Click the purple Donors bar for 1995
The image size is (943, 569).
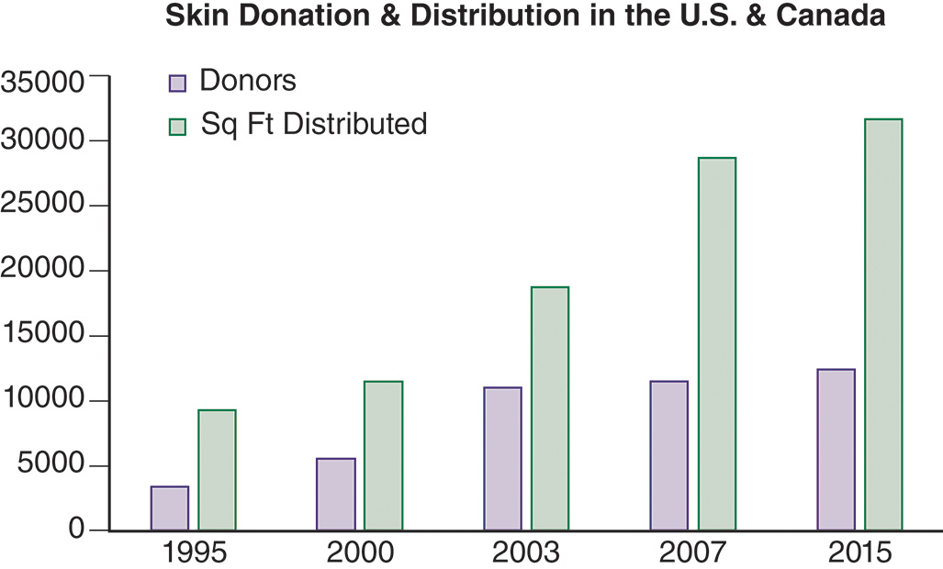[170, 508]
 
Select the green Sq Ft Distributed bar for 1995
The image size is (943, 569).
[217, 470]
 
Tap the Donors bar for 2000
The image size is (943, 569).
[336, 494]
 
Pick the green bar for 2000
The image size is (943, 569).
[383, 455]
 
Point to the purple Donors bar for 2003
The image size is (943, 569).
[502, 459]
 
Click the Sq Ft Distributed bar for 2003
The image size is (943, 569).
[550, 408]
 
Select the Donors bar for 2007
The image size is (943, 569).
[669, 455]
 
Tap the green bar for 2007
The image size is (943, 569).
[716, 344]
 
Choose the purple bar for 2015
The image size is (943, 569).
[836, 450]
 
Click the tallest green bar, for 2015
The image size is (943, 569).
[883, 325]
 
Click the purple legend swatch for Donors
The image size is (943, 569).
[177, 83]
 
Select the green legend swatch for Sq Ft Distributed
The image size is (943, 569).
[177, 126]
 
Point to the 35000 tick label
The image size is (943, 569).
[43, 83]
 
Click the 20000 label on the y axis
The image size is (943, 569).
[43, 271]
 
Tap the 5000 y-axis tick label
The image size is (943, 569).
[51, 466]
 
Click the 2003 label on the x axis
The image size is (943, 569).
[526, 552]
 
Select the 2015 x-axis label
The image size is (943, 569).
[859, 552]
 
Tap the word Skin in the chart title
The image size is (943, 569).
[190, 17]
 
